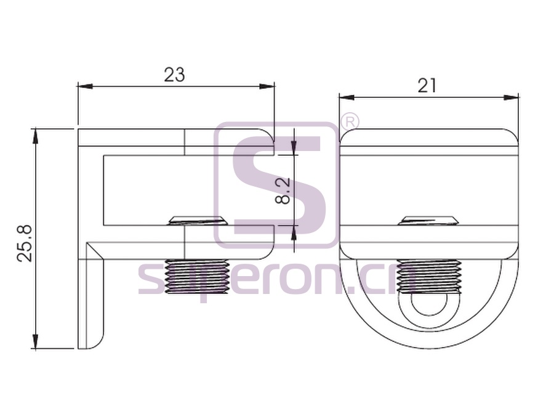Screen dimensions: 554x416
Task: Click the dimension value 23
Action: [175, 75]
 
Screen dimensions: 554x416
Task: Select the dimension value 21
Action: [427, 85]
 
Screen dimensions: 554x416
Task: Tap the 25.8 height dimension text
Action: [25, 243]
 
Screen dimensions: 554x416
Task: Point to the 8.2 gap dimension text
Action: [283, 190]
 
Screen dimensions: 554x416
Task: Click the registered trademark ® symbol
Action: [350, 121]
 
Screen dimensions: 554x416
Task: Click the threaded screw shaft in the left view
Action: [197, 277]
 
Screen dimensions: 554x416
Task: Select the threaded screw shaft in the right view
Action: [429, 277]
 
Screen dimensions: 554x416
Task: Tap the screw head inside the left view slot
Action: [198, 221]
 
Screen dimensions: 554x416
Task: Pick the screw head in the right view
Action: [428, 221]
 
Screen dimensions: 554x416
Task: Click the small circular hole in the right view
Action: [429, 304]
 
